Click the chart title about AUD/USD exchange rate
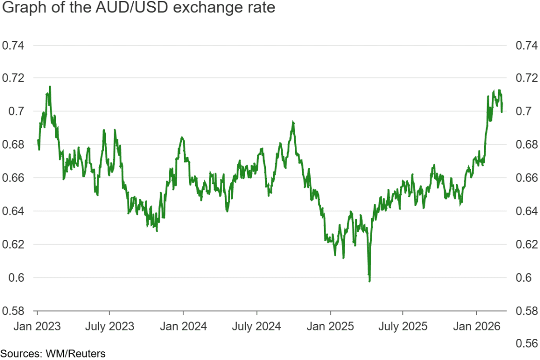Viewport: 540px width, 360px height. click(138, 9)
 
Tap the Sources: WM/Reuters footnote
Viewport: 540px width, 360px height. click(52, 354)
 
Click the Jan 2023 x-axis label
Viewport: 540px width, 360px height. click(38, 326)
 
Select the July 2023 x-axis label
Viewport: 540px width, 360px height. click(110, 326)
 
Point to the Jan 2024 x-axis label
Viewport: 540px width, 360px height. click(183, 326)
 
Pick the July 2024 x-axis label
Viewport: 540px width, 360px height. click(257, 326)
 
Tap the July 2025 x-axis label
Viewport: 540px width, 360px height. click(403, 326)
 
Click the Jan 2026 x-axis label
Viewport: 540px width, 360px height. click(477, 326)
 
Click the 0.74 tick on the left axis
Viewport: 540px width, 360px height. click(13, 46)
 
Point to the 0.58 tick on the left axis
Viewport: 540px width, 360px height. click(13, 310)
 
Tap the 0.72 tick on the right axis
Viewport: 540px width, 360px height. click(526, 78)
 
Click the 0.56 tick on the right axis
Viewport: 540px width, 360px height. click(526, 344)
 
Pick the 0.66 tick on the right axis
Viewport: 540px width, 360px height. click(526, 178)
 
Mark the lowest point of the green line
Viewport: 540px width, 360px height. click(369, 281)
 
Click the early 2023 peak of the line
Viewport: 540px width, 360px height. click(50, 87)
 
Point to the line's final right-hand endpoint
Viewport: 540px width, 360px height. click(502, 112)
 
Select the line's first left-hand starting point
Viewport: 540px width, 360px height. click(38, 140)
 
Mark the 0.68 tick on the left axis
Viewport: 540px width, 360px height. click(13, 145)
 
